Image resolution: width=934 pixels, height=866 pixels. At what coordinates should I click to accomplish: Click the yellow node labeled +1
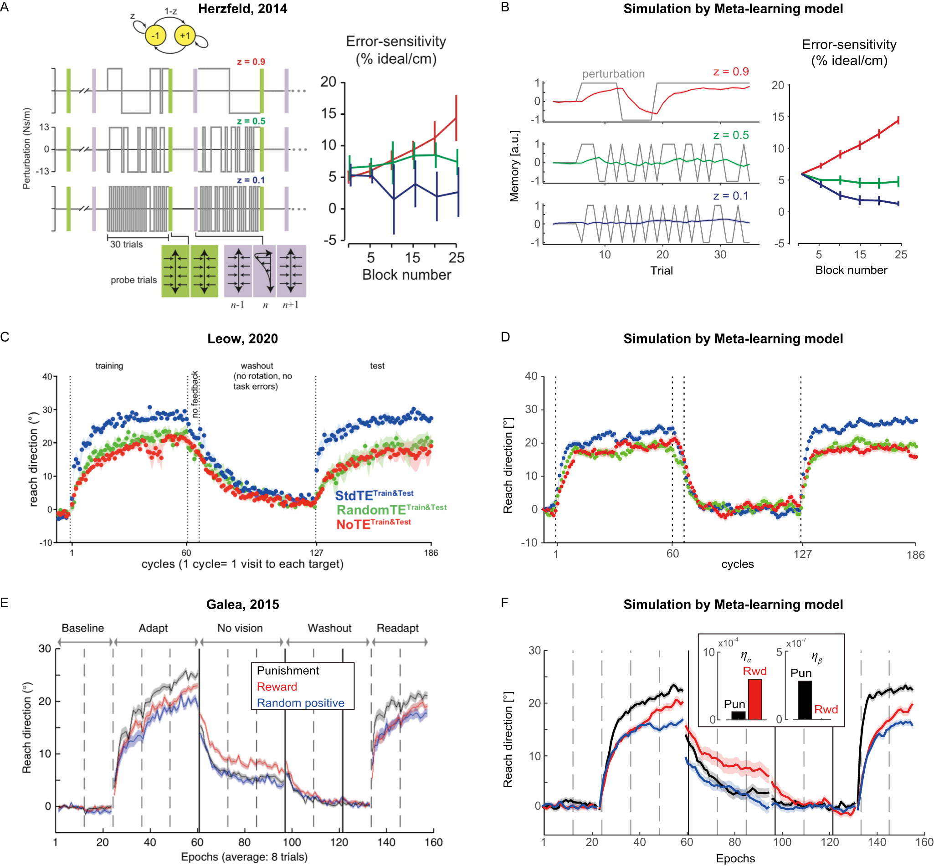tap(185, 36)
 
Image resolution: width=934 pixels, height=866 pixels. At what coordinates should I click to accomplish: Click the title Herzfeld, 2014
tap(242, 9)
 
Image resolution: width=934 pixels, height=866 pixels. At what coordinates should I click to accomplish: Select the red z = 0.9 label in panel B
tap(731, 72)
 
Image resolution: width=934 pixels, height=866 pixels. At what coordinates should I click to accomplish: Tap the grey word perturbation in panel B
tap(613, 74)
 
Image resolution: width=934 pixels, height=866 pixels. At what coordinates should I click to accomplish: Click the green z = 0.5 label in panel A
tap(251, 121)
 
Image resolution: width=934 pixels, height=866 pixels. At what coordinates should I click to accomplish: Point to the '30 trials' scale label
tap(126, 244)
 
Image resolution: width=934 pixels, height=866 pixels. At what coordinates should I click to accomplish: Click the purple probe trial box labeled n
tap(264, 271)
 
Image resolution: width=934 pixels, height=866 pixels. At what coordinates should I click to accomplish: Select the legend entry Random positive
tap(300, 703)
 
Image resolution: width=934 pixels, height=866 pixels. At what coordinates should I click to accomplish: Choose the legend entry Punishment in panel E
tap(288, 671)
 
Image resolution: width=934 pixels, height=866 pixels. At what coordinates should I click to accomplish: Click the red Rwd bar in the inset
tap(754, 699)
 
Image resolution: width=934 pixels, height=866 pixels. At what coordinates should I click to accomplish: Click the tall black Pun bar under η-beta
tap(805, 700)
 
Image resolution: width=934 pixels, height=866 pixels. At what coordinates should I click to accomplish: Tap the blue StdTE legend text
tap(374, 495)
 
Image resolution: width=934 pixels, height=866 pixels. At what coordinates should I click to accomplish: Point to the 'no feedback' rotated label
tap(195, 394)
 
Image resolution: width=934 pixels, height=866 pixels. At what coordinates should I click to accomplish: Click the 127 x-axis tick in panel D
tap(802, 554)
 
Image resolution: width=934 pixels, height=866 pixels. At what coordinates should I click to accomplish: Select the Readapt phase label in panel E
tap(397, 628)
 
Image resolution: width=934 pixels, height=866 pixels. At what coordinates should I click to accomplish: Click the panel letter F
tap(505, 603)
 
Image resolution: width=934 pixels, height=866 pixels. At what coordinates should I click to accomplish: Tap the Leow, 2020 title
tap(242, 339)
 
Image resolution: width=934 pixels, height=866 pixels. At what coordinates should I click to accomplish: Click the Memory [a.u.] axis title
tap(514, 166)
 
